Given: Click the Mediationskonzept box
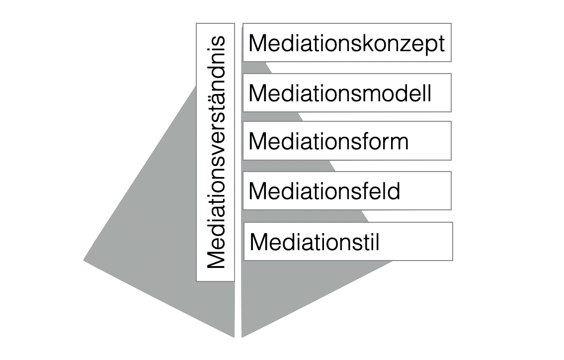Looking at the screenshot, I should point(347,43).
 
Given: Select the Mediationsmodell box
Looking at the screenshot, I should point(347,92).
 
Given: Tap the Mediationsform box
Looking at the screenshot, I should point(347,141).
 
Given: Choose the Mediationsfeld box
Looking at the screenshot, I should point(347,190).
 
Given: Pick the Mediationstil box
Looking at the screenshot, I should point(348,241).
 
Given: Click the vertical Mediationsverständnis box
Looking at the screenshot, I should point(215,152).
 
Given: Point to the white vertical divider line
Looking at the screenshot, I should point(238,199).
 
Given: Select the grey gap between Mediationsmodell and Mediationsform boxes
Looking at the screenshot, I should point(293,116).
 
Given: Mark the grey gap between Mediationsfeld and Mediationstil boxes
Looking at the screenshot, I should point(358,216).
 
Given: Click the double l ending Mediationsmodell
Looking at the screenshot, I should point(426,93).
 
